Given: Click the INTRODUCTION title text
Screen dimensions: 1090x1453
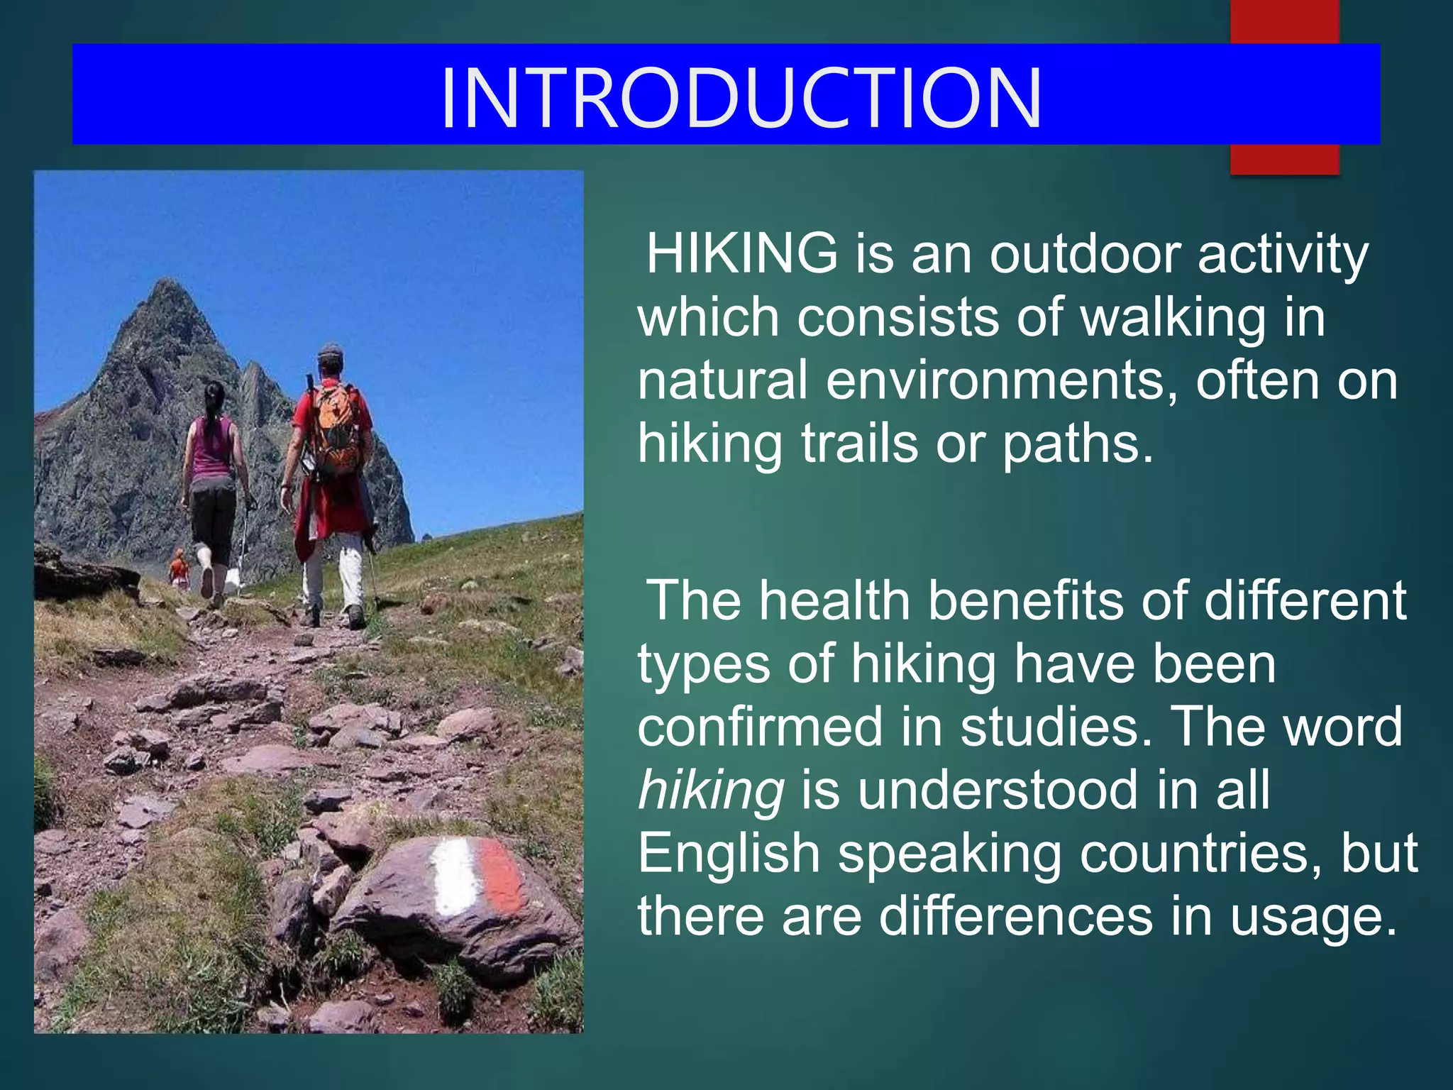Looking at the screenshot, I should click(741, 98).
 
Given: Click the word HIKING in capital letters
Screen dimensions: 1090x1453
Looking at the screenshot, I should click(741, 253).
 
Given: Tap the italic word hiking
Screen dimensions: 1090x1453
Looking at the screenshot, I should click(711, 790).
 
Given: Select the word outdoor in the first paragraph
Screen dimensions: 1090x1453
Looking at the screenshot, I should click(1085, 253).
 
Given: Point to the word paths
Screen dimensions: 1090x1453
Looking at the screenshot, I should click(1078, 444).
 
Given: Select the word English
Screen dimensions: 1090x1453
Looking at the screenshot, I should click(729, 853).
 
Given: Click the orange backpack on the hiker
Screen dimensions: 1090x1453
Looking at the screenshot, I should click(336, 429).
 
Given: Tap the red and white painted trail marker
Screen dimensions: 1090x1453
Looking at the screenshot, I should click(478, 876).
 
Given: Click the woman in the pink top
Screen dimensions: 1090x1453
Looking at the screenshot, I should click(212, 468).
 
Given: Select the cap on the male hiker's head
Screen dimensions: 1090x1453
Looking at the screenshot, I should click(331, 351).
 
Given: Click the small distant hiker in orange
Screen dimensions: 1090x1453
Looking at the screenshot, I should click(178, 568).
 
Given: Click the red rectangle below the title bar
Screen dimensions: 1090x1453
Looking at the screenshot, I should click(1284, 159).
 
